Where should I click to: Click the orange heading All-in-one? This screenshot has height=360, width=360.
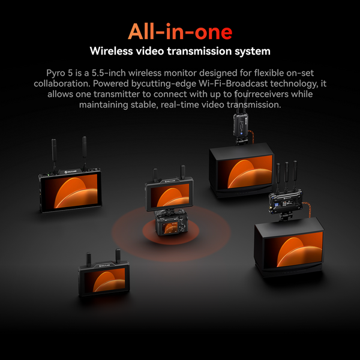coord(180,31)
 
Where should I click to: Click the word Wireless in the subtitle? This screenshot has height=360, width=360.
coord(112,51)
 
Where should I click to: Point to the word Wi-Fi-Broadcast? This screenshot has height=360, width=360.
coord(233,83)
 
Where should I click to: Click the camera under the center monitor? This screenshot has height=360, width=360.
coord(171,223)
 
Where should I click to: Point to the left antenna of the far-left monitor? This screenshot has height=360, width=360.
coord(54,154)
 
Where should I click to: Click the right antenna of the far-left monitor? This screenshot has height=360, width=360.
coord(85,152)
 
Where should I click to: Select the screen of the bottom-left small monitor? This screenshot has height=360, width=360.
coord(104,280)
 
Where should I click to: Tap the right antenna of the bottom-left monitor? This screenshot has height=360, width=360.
coord(118,256)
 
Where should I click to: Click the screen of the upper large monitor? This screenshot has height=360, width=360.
coord(245,172)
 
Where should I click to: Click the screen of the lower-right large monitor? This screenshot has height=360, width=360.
coord(293,250)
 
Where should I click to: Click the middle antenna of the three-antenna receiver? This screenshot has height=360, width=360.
coord(286,176)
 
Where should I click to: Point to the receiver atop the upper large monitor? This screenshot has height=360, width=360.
coord(241,125)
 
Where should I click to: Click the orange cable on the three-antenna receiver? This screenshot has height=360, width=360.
coord(307,209)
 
